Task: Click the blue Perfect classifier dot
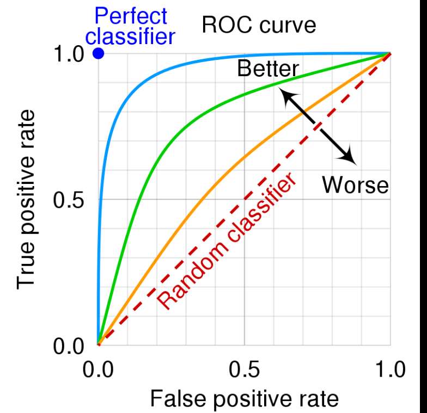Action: coord(98,53)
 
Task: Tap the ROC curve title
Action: coord(259,25)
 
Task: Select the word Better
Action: coord(268,69)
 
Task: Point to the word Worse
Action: coord(355,186)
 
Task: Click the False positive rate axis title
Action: coord(244,399)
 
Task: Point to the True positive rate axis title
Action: coord(26,199)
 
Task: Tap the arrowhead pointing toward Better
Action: coord(285,95)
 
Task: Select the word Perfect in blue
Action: coord(131,16)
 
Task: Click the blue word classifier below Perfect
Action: coord(131,36)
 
